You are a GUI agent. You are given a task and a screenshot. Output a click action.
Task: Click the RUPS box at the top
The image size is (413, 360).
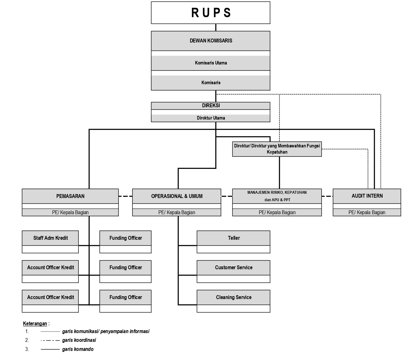point(211,13)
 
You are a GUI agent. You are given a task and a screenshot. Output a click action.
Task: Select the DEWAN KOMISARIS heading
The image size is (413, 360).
point(211,41)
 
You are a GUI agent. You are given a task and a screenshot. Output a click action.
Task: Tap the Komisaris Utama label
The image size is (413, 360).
point(211,63)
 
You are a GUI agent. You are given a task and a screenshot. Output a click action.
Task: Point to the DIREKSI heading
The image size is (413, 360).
point(211,106)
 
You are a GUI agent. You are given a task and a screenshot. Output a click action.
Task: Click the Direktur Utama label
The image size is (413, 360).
point(211,118)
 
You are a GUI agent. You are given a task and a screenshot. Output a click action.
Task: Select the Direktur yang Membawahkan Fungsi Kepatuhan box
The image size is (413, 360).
point(277,149)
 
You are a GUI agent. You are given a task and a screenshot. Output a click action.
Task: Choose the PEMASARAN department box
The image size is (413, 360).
point(70,196)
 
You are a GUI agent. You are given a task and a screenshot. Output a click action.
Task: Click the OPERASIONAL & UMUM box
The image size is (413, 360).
point(177,196)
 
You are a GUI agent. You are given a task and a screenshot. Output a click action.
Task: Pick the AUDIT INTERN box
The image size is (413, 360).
point(367,196)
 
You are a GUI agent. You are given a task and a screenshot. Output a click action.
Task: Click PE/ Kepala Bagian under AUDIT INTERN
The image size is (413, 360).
point(367,213)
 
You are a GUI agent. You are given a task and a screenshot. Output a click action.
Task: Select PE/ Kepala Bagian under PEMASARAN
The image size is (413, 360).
point(70,213)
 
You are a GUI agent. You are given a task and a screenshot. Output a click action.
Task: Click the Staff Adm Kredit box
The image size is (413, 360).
point(50,238)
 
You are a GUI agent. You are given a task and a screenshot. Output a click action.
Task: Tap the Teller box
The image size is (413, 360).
point(234,238)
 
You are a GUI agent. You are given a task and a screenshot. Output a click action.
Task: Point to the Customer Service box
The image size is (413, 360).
point(234,268)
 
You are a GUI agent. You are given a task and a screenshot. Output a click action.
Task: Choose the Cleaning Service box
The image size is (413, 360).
point(234,297)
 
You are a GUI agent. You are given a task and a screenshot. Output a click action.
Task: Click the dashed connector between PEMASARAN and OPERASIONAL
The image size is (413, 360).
point(125,196)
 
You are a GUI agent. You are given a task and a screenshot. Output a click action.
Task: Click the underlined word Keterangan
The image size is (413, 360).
point(35,323)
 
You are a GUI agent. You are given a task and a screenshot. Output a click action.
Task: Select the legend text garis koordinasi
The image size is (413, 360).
point(79,340)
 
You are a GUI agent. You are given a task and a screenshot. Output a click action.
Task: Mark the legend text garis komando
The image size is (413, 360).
point(78,349)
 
